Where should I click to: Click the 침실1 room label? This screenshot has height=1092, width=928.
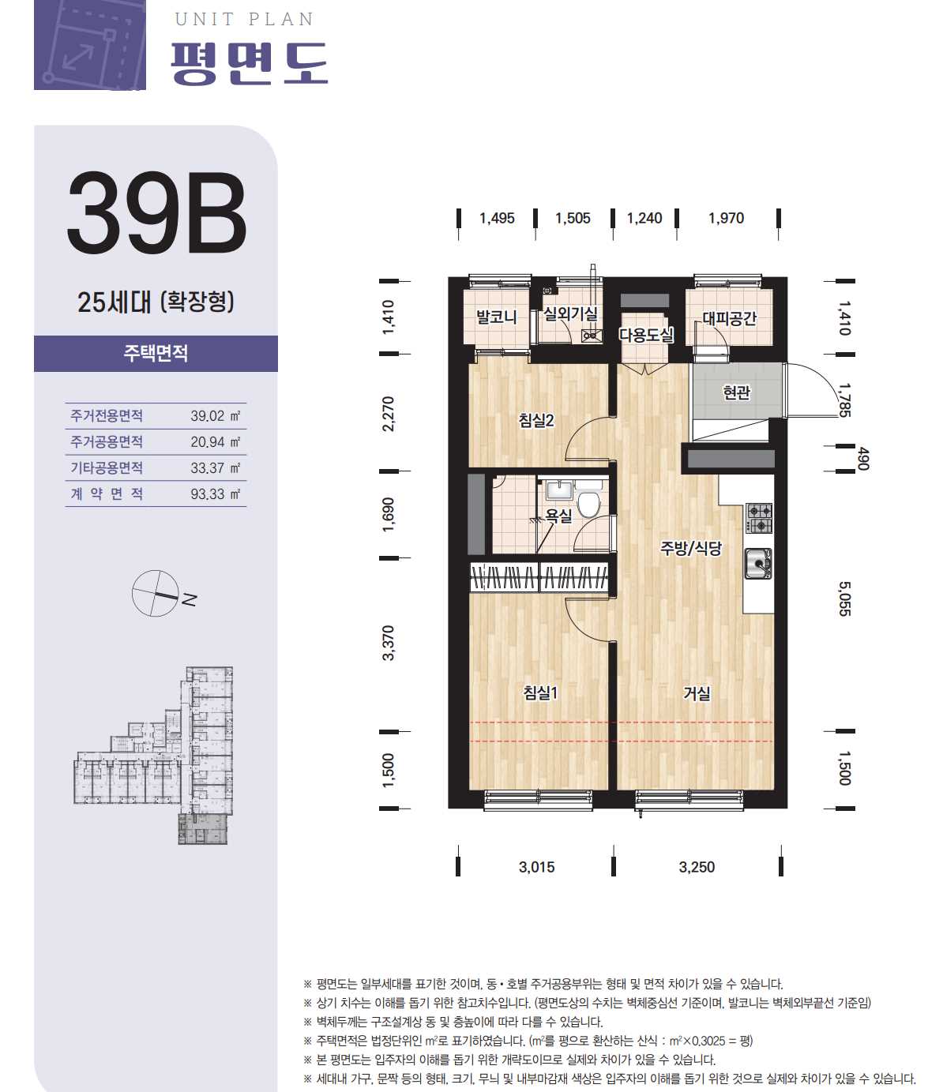(x=540, y=692)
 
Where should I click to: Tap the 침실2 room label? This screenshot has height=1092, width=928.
(x=536, y=421)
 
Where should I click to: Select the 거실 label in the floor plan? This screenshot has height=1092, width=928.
(x=697, y=693)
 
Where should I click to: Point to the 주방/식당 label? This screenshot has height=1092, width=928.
(x=691, y=549)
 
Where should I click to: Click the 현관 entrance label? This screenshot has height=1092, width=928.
(x=737, y=392)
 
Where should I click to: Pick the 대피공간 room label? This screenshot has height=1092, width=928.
(x=729, y=318)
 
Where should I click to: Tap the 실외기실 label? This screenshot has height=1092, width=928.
(x=571, y=313)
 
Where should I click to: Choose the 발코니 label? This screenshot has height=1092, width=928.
(x=496, y=317)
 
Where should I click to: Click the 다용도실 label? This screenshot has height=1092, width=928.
(x=646, y=335)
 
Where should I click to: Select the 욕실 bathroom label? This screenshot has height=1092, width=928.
(x=558, y=516)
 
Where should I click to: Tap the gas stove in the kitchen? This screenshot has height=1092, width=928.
(x=759, y=518)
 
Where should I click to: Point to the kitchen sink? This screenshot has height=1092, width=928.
(x=758, y=564)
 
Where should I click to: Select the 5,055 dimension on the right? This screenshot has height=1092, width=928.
(x=844, y=599)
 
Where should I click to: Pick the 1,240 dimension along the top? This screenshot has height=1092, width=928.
(x=644, y=218)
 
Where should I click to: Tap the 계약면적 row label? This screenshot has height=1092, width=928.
(x=107, y=494)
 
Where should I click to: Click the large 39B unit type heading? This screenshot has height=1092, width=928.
(x=156, y=213)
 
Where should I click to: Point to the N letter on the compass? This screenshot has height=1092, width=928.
(x=190, y=599)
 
